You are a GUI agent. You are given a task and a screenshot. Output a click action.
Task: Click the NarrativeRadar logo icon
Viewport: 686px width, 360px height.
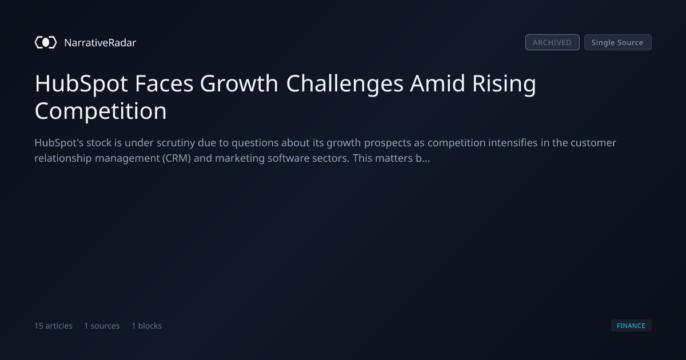pos(46,42)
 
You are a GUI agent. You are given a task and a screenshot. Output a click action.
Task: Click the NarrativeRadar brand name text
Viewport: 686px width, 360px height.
pos(100,43)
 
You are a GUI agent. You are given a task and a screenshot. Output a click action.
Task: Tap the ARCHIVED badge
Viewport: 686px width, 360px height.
pos(552,42)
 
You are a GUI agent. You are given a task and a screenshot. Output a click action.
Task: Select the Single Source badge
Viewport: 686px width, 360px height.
pos(618,42)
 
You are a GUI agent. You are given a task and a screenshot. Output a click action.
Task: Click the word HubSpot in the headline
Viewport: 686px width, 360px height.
pos(81,84)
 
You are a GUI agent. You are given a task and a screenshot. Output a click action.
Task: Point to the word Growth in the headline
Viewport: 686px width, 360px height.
pos(239,83)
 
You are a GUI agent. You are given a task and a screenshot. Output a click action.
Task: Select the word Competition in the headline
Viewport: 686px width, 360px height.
pos(101,111)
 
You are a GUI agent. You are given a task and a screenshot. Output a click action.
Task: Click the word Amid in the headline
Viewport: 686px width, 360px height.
pos(438,83)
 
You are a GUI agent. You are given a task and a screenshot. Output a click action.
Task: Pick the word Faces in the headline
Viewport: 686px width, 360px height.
pos(164,83)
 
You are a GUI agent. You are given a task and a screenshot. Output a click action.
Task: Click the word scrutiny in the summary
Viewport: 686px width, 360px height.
pos(176,143)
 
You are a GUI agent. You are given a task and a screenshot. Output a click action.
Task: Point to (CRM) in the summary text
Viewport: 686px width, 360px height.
pos(177,159)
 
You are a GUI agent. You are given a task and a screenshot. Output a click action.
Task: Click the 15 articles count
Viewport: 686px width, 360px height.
pos(53,326)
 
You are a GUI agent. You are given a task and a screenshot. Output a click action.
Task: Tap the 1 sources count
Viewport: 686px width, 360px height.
pos(102,326)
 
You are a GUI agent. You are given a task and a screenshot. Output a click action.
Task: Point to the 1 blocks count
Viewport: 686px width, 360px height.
pos(147,326)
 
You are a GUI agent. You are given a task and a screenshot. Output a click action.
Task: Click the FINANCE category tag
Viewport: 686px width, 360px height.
pos(631,326)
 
